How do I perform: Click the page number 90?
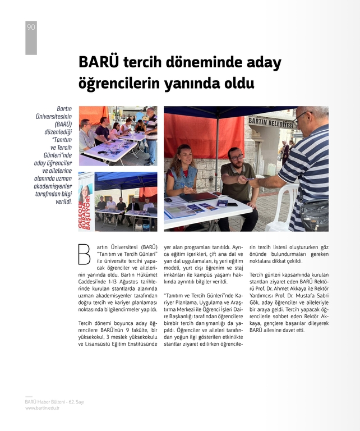click(31, 27)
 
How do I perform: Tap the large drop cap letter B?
click(84, 254)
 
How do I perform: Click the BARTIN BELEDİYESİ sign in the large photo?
click(271, 122)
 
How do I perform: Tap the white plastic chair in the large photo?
click(284, 208)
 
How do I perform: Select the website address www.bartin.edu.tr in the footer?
click(43, 408)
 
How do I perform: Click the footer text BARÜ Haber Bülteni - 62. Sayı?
click(54, 402)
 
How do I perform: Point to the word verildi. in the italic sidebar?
click(63, 201)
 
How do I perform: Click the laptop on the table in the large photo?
click(197, 196)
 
